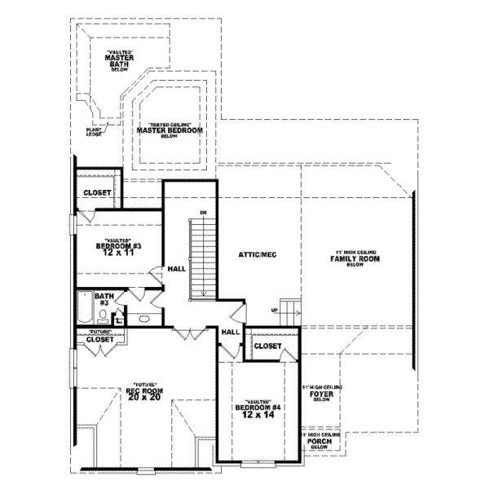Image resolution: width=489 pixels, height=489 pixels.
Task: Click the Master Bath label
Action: (x=119, y=61)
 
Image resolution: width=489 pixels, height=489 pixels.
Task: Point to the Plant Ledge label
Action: (x=95, y=131)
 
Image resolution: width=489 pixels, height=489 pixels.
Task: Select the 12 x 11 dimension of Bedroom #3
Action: (x=120, y=253)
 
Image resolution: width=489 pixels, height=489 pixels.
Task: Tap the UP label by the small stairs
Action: (x=275, y=311)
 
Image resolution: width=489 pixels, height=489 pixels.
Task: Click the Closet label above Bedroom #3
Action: (x=97, y=193)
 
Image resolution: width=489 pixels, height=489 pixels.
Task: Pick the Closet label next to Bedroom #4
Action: (x=267, y=346)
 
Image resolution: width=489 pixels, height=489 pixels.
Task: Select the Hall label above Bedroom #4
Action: (x=230, y=332)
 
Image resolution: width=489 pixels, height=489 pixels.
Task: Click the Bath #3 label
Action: (x=104, y=299)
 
